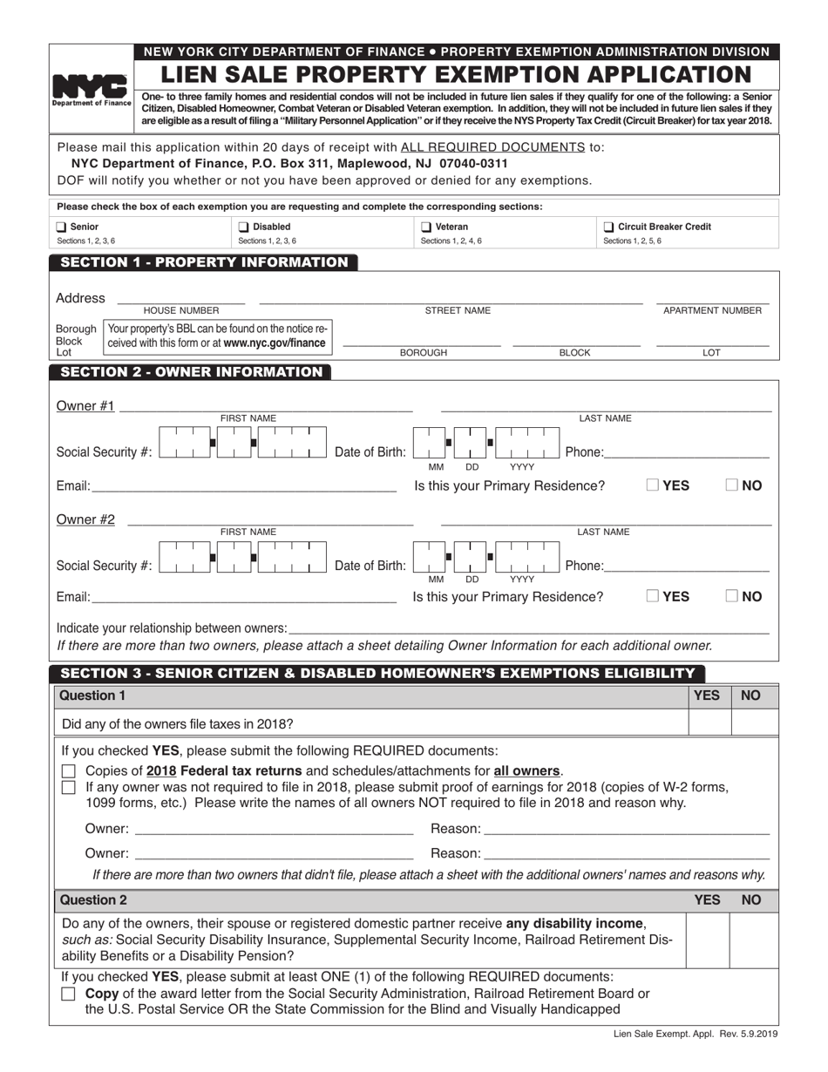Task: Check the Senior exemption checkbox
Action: [62, 227]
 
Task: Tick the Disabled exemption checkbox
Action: [244, 227]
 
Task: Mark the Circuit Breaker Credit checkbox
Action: [608, 227]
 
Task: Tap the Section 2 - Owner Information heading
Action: [191, 372]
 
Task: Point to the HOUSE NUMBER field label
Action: [181, 311]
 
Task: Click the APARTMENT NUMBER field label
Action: [712, 311]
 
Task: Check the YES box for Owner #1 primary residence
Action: [653, 485]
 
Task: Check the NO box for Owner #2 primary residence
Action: [732, 596]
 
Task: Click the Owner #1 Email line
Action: [243, 486]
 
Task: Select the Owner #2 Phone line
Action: [687, 567]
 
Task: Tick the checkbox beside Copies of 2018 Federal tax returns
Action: [69, 771]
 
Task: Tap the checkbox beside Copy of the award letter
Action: [69, 994]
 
